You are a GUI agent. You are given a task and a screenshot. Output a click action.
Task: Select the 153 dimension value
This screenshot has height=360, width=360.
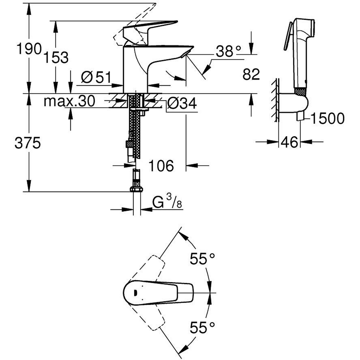tap(56, 57)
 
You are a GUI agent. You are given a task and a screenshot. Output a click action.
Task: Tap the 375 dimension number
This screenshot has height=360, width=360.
tap(28, 143)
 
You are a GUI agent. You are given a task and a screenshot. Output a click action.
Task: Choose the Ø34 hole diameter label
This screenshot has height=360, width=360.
tap(182, 104)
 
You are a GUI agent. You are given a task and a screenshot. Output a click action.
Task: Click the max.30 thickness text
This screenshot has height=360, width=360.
tap(69, 101)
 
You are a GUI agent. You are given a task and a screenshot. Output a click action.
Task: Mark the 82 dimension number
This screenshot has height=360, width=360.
tap(251, 75)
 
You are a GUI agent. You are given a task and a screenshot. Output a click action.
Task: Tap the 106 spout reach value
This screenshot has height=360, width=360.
tap(161, 166)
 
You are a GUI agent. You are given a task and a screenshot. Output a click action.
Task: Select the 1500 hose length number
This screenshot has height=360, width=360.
tap(327, 118)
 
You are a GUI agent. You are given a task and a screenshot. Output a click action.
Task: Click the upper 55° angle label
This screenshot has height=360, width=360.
tap(202, 258)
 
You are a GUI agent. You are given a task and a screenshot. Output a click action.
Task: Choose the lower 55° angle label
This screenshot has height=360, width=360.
tap(202, 328)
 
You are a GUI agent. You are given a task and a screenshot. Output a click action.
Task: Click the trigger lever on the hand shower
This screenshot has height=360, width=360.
tap(288, 37)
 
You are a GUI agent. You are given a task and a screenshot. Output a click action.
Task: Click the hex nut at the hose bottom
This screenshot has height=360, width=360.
tap(136, 189)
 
